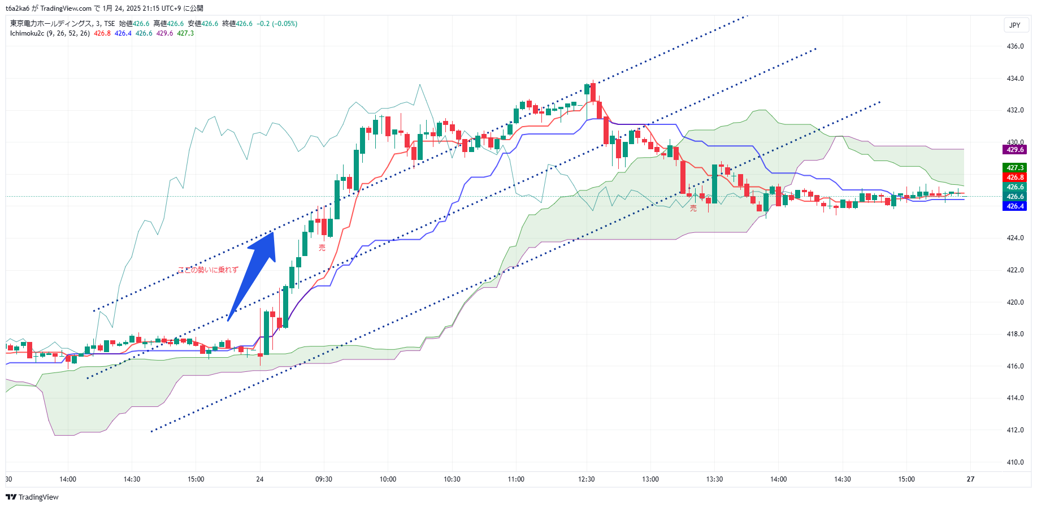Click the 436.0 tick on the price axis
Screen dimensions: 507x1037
pos(1015,46)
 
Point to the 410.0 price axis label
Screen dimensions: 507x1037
pos(1015,462)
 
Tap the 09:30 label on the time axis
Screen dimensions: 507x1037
pos(324,479)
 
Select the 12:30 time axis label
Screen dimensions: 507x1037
pos(587,479)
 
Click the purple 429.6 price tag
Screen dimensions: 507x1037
pos(1015,150)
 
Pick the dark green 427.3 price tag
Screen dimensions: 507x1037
pos(1015,168)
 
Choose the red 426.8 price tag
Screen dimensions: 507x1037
pos(1015,177)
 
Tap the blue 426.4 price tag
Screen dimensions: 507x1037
pos(1015,206)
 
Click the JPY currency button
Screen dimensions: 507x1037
pos(1015,25)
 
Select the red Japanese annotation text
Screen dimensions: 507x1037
pos(208,270)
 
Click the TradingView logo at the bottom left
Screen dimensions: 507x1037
pos(32,497)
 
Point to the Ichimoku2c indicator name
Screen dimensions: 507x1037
pos(27,33)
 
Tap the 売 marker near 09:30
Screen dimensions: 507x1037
pos(322,248)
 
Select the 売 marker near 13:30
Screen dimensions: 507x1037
pos(693,209)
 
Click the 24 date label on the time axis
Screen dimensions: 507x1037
pos(260,479)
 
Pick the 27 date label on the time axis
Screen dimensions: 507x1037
pos(970,479)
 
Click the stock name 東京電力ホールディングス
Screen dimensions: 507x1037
pos(51,24)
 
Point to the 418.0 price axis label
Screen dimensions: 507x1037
pos(1015,334)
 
